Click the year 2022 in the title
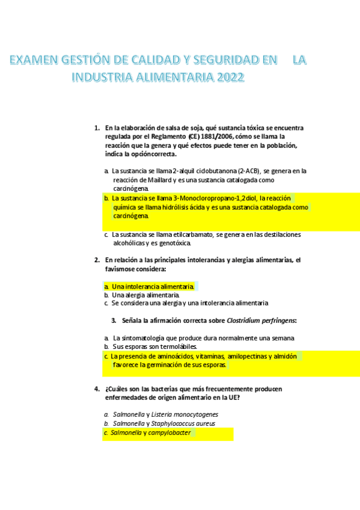pyautogui.click(x=231, y=77)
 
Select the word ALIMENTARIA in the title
pyautogui.click(x=171, y=77)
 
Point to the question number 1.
pyautogui.click(x=97, y=127)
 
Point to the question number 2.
pyautogui.click(x=97, y=260)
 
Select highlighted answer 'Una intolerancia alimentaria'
pyautogui.click(x=152, y=287)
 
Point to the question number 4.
pyautogui.click(x=97, y=389)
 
